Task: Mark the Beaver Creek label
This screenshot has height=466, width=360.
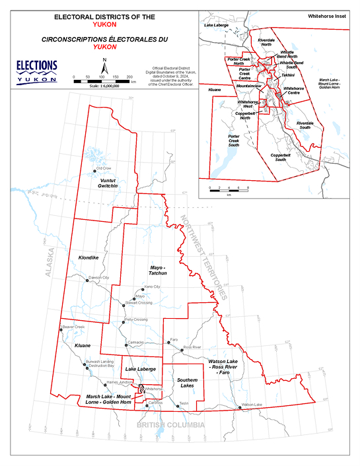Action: click(75, 327)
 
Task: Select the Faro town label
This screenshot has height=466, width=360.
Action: click(174, 339)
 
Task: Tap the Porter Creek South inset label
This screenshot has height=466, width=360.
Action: click(230, 141)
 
